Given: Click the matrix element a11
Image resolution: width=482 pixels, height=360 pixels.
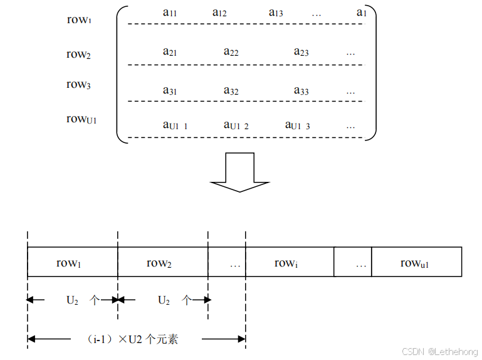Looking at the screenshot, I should (x=169, y=13).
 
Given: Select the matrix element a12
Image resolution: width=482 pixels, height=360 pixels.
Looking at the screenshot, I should (x=219, y=13).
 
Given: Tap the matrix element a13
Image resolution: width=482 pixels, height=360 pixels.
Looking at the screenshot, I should (x=276, y=13).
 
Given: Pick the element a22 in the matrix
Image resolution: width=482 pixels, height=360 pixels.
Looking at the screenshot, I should (x=231, y=52).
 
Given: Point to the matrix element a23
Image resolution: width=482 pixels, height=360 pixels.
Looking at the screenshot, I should (x=301, y=52).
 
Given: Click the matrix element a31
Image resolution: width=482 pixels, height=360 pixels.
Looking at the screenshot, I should (x=169, y=91).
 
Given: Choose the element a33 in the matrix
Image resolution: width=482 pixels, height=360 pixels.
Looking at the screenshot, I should (x=301, y=91).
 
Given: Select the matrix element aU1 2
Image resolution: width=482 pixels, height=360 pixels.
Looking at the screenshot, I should (x=236, y=125).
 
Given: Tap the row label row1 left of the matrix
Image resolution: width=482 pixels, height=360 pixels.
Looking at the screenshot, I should (x=80, y=19).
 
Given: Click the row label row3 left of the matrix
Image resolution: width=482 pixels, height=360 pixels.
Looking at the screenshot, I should (x=80, y=84).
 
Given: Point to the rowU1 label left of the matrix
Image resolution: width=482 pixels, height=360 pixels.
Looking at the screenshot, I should (x=81, y=119).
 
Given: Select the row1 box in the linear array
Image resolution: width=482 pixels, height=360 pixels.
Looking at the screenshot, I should (x=72, y=263).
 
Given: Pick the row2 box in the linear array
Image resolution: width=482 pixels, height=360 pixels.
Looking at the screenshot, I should (x=162, y=263).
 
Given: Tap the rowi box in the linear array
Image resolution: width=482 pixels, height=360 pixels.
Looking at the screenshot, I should (x=289, y=263).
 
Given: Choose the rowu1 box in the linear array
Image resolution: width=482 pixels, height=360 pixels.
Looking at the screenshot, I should (x=416, y=263).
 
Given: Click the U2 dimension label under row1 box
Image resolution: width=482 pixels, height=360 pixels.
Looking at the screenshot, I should (x=72, y=300).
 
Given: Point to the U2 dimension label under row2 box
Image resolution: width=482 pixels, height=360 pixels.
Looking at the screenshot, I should (x=163, y=300).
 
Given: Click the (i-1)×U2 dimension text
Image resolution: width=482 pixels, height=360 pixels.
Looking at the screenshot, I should (x=133, y=339).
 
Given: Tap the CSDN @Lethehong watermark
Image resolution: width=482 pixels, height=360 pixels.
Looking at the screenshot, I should (x=439, y=352).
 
